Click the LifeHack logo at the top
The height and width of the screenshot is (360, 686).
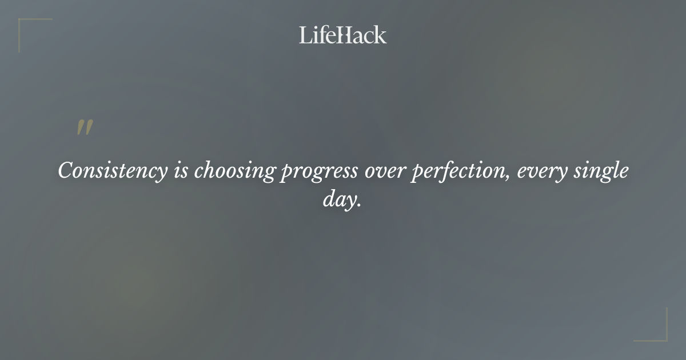[343, 35]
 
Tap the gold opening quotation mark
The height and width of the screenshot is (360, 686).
[84, 128]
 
